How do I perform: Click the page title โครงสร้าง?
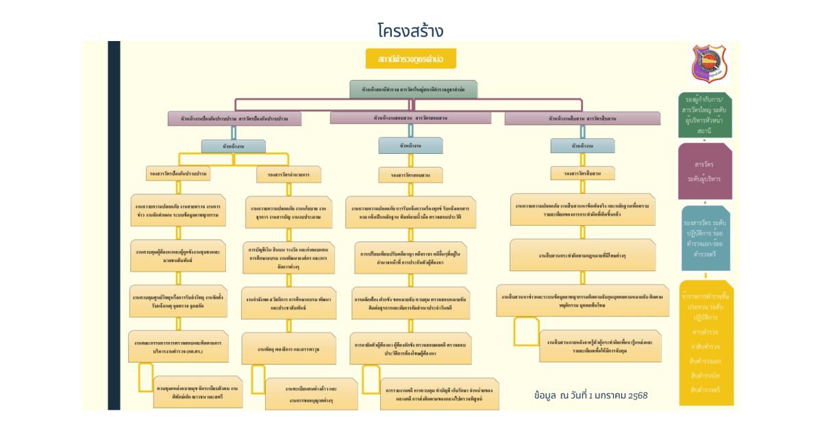click(x=410, y=31)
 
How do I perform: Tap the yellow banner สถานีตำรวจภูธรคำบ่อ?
click(x=410, y=60)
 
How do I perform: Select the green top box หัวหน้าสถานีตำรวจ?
click(x=413, y=90)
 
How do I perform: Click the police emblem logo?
click(x=708, y=63)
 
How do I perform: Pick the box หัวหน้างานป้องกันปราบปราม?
click(x=235, y=118)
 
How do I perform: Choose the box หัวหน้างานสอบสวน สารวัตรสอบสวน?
click(x=410, y=118)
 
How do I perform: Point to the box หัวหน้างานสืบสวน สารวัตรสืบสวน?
click(x=582, y=118)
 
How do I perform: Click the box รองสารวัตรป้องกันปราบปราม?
click(x=177, y=174)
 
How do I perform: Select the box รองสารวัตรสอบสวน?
click(x=410, y=175)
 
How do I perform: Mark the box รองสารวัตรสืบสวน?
click(x=582, y=173)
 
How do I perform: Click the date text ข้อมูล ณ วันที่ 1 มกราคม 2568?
click(x=590, y=395)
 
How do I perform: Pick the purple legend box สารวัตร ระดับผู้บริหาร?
click(x=705, y=171)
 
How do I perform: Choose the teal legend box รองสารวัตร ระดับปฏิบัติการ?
click(x=706, y=238)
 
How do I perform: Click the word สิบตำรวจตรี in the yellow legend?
click(x=705, y=390)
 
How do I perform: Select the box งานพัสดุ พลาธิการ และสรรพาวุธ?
click(x=288, y=349)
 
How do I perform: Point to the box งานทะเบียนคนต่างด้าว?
click(x=312, y=393)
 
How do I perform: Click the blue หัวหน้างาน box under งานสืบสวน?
click(x=582, y=146)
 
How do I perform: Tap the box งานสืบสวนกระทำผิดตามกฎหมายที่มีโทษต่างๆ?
click(x=582, y=255)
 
